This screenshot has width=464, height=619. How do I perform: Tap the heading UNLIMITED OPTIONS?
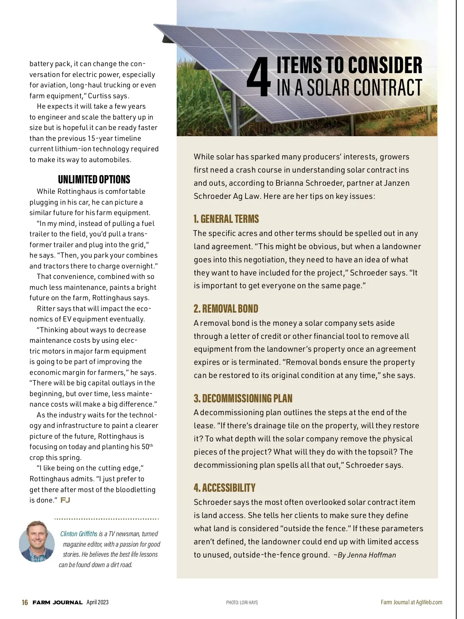click(x=94, y=180)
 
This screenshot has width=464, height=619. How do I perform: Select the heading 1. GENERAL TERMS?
click(x=226, y=219)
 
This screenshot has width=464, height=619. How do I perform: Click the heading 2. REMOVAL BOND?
click(x=226, y=309)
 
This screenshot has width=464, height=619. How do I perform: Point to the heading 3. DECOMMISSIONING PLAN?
click(x=243, y=398)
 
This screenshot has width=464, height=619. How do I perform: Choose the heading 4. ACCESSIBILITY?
click(x=225, y=488)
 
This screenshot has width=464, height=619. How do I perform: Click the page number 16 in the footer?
click(x=25, y=602)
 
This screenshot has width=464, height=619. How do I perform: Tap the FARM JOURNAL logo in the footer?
click(x=58, y=602)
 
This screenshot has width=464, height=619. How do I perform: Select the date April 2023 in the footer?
click(x=97, y=602)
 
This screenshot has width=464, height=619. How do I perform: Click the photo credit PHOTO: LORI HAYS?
click(x=242, y=603)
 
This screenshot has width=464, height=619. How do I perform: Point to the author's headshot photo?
click(x=37, y=541)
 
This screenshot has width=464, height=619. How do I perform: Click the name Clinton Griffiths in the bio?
click(x=79, y=534)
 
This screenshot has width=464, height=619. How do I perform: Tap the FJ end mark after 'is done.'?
click(x=65, y=500)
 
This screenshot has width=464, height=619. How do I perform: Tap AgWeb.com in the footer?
click(x=429, y=602)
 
